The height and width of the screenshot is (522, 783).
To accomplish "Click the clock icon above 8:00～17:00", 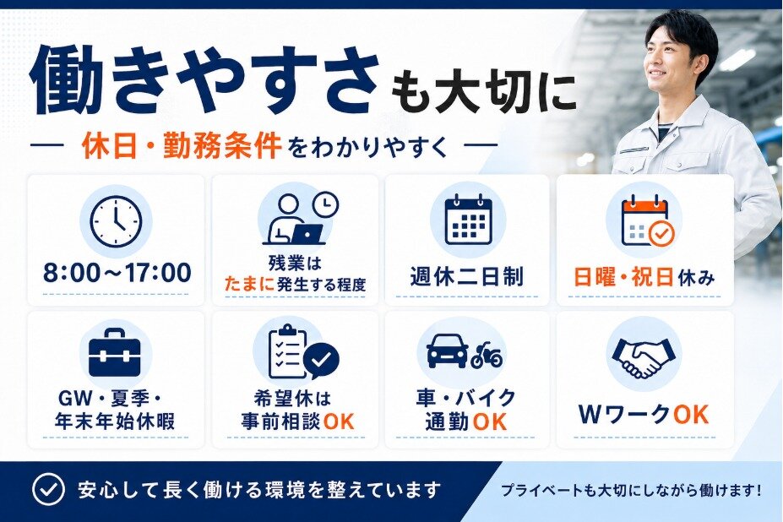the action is coord(116,221).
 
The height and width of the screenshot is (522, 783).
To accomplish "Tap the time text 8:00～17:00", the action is coord(117,273).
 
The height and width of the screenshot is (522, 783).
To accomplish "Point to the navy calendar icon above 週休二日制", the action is coord(468,220).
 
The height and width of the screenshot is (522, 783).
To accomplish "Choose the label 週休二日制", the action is coord(467,276).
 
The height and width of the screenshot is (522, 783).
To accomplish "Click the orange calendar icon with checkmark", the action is coord(647,221).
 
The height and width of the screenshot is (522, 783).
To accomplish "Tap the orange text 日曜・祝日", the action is coord(624,277).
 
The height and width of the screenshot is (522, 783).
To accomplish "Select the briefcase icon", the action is coord(114,352).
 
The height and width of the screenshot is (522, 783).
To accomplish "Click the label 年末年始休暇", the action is coord(116,421).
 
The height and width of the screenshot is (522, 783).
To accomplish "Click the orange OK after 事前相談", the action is coord(339,421).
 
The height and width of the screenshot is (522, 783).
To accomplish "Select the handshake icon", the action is coord(644,356).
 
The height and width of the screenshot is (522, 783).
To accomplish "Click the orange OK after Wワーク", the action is coord(691,415).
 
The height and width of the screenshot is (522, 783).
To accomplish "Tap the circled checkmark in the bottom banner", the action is coord(48,490).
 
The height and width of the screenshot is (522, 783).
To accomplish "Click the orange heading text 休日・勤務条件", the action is coord(182,146).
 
